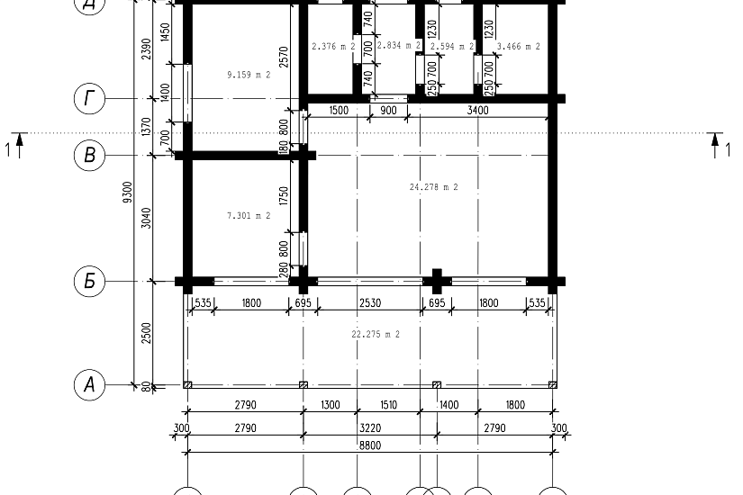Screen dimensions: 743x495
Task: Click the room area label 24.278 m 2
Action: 433,187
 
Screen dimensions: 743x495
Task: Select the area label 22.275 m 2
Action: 376,335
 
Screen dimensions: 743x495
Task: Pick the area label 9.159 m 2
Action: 249,75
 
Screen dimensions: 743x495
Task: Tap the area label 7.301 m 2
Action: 249,216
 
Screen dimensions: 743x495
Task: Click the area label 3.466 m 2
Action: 519,47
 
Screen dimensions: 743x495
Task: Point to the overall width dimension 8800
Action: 370,445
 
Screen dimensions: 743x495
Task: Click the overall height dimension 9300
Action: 128,193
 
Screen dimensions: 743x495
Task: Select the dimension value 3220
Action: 370,428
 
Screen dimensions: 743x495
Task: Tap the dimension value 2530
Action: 370,302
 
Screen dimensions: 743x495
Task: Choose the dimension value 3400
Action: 477,111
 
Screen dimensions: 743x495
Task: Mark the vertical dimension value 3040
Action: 147,218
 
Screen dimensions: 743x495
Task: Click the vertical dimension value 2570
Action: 284,57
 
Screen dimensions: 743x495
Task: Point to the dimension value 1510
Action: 388,405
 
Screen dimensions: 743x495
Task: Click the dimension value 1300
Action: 331,405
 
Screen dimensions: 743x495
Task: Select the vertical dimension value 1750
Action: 284,195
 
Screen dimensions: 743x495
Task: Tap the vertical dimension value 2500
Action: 147,333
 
